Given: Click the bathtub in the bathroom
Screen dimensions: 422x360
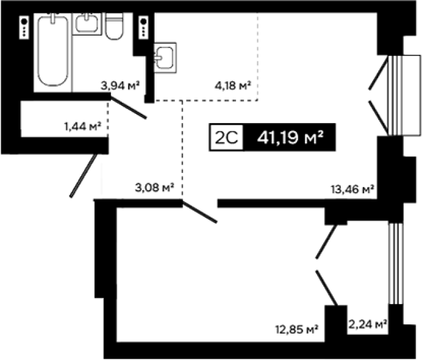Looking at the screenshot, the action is point(53,51).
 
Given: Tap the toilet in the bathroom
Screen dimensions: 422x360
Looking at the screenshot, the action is point(115,26).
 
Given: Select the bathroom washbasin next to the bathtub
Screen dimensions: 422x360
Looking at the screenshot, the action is point(87,23).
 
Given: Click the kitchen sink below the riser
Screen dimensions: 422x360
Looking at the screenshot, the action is point(165,57).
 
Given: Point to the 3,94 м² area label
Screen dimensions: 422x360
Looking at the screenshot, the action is point(120,86).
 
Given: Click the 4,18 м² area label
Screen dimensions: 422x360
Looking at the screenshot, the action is point(233,86).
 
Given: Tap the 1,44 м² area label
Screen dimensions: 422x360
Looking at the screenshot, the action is point(83,126).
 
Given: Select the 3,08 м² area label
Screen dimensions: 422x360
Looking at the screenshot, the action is point(155,188).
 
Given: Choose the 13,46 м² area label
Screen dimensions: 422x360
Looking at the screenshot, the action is point(352,190).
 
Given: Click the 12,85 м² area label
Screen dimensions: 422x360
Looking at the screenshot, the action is point(297,329).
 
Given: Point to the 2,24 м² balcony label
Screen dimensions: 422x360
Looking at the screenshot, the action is point(368,324).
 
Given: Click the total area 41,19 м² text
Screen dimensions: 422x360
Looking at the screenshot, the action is point(290,137).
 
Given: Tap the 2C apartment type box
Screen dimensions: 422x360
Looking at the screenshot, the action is point(226,137).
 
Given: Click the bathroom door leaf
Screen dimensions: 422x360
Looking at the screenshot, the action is point(129,108).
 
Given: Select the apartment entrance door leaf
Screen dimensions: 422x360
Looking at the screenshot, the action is point(83,175).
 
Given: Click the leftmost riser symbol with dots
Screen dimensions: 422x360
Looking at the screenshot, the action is point(25,27).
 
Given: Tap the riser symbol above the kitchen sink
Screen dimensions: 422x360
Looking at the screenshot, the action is point(144,27).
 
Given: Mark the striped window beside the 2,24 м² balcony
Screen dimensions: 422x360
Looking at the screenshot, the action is point(396,263).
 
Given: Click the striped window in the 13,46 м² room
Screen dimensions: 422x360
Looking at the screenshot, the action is point(396,95).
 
